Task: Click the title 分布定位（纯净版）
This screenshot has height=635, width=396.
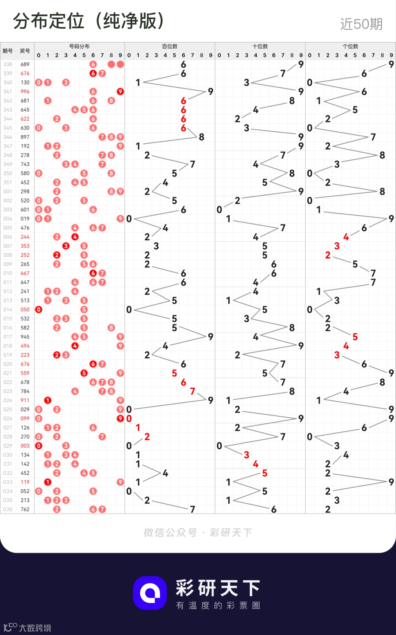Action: (x=89, y=21)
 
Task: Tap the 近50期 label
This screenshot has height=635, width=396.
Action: (x=361, y=24)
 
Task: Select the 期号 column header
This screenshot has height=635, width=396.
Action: (x=8, y=51)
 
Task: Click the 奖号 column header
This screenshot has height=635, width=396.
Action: (x=25, y=51)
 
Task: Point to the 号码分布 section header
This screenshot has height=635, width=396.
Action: (x=79, y=46)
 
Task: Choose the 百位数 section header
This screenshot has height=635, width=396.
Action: (x=170, y=46)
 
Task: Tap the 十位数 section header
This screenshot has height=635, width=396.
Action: (x=260, y=46)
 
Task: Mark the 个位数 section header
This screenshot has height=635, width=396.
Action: (x=351, y=46)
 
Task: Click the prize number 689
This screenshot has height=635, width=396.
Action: (x=25, y=64)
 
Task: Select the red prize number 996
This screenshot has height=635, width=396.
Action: (x=25, y=92)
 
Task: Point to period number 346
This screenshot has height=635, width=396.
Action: (x=8, y=137)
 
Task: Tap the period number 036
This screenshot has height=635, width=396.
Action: (x=8, y=509)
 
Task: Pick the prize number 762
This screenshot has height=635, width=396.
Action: (x=25, y=509)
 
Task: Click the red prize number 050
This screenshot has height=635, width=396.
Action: (x=25, y=310)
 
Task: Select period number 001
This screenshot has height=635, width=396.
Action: (x=8, y=191)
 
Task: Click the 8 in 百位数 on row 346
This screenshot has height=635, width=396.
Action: (x=202, y=137)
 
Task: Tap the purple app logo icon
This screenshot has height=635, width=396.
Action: (x=150, y=593)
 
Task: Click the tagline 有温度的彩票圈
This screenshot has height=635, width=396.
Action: (x=218, y=605)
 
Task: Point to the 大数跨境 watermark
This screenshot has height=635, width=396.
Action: (x=28, y=628)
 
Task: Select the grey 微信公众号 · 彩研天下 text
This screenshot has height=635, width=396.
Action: (x=198, y=532)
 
